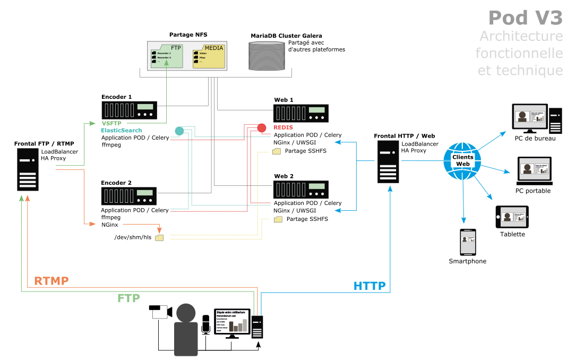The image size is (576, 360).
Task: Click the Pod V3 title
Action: pyautogui.click(x=525, y=18)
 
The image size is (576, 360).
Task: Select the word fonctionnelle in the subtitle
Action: pyautogui.click(x=519, y=53)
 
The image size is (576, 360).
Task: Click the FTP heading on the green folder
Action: pyautogui.click(x=176, y=48)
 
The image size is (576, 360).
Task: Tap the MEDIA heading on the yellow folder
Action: pyautogui.click(x=214, y=48)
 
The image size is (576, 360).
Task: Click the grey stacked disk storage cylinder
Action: pyautogui.click(x=266, y=56)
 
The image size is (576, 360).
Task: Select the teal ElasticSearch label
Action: pyautogui.click(x=122, y=130)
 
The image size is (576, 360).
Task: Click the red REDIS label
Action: pyautogui.click(x=283, y=128)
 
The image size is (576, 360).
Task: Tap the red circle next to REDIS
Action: pyautogui.click(x=262, y=128)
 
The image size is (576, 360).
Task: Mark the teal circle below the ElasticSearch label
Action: pyautogui.click(x=179, y=131)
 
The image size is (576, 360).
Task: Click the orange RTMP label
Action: pyautogui.click(x=51, y=281)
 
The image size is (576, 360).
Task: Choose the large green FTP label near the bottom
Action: pyautogui.click(x=128, y=298)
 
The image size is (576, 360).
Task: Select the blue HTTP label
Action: pyautogui.click(x=369, y=286)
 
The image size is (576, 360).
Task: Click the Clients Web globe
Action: pyautogui.click(x=462, y=161)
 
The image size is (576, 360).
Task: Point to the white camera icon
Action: pyautogui.click(x=162, y=312)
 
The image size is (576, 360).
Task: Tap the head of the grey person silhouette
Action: pyautogui.click(x=186, y=313)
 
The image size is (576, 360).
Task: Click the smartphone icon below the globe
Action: pyautogui.click(x=468, y=243)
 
